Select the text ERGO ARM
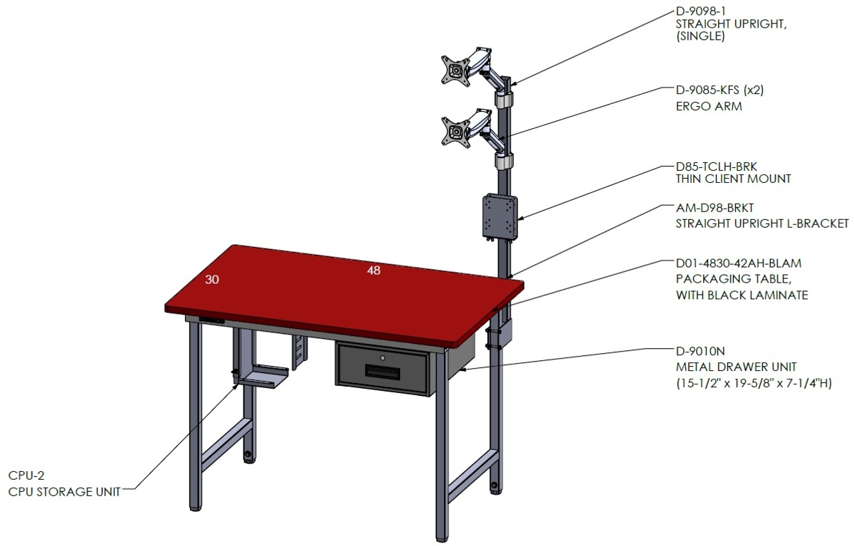(x=709, y=106)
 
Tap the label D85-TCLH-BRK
(x=716, y=167)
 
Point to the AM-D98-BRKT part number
(x=715, y=208)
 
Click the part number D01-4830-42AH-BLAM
(x=739, y=263)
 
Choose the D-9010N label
(x=700, y=351)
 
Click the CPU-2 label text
(x=26, y=476)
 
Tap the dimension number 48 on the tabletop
(x=374, y=271)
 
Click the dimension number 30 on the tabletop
(x=212, y=280)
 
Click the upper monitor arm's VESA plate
(x=455, y=71)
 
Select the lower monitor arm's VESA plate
(x=455, y=132)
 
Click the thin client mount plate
(x=500, y=216)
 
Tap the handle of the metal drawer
(x=382, y=372)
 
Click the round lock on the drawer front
(x=382, y=358)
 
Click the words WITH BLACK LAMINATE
(x=742, y=295)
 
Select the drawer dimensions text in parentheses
(x=754, y=383)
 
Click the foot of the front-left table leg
(x=195, y=508)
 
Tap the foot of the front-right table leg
(x=442, y=539)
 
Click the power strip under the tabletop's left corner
(x=212, y=320)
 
